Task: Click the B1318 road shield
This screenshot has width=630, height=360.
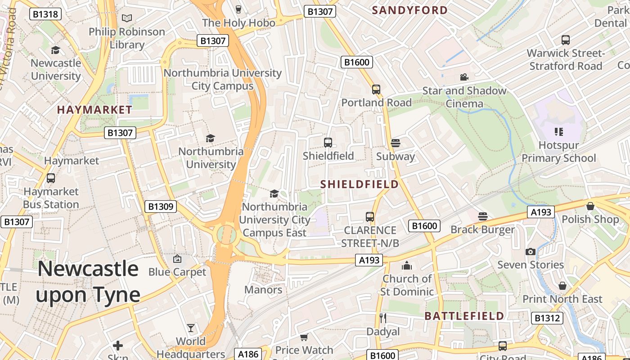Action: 45,14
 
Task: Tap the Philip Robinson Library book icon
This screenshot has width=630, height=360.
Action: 127,18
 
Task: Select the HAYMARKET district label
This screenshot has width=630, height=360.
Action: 94,110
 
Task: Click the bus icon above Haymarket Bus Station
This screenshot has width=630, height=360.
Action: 51,178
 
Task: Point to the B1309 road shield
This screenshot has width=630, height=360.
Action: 161,207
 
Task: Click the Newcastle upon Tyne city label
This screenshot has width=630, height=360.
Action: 88,282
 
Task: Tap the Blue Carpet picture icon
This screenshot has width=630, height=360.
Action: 177,259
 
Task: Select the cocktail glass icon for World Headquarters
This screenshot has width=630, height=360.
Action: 191,328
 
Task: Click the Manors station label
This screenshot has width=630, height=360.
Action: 263,290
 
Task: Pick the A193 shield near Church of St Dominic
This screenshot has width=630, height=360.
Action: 369,260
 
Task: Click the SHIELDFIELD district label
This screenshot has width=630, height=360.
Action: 360,184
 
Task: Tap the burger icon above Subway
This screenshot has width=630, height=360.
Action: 396,143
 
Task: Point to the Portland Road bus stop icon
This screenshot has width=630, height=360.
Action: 376,90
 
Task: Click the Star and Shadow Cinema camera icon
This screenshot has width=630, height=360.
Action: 464,77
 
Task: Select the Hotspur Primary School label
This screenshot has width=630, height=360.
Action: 558,152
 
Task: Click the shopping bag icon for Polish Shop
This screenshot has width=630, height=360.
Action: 590,206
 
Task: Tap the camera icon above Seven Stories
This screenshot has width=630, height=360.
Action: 531,252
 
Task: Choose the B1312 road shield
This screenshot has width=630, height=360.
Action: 547,318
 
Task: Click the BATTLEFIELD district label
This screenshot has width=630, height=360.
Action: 464,316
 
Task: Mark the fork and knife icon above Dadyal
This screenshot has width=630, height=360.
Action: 383,318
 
